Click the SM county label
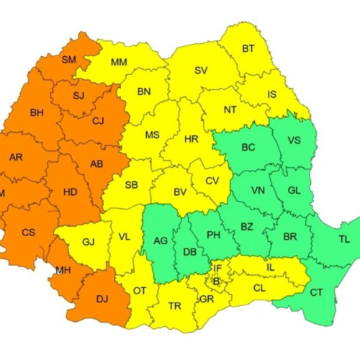tap(70, 60)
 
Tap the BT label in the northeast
tap(248, 49)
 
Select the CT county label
tap(316, 292)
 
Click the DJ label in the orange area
tap(104, 297)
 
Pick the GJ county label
tap(88, 243)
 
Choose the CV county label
tap(211, 181)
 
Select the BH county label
tap(37, 113)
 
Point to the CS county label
tap(28, 232)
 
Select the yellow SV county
tap(202, 71)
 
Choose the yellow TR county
tap(174, 305)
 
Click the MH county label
tap(63, 270)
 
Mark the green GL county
tap(294, 191)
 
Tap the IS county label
tap(271, 94)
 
